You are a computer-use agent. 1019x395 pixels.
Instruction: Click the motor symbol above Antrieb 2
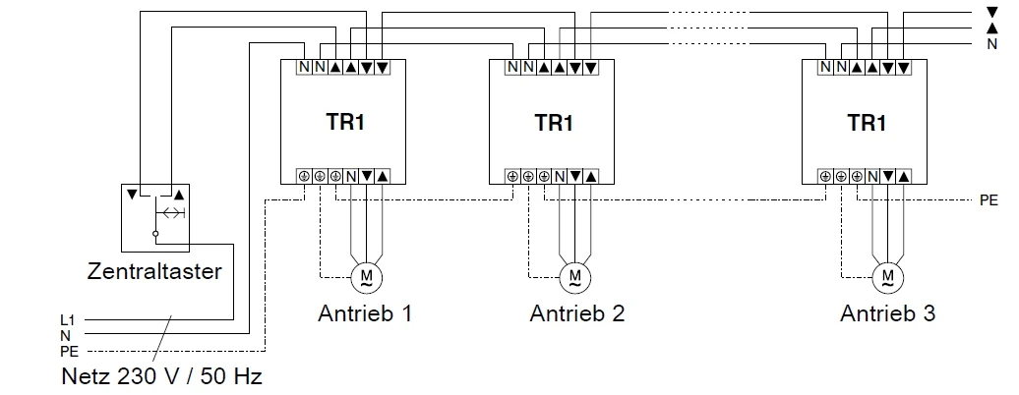click(574, 274)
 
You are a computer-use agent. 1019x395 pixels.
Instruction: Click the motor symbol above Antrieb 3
click(888, 274)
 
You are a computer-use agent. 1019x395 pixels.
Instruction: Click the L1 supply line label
click(68, 320)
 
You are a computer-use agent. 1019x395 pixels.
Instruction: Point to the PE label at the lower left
click(69, 350)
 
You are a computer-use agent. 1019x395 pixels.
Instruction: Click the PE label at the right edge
click(989, 199)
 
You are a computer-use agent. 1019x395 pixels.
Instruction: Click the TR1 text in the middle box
click(554, 124)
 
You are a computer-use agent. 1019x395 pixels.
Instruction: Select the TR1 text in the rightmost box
click(868, 124)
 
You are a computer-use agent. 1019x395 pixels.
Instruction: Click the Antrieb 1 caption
click(365, 314)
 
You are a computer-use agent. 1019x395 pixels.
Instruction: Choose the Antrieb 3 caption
click(887, 314)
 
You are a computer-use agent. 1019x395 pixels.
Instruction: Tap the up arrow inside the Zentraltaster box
click(178, 194)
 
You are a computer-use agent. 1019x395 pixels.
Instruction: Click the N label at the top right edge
click(991, 45)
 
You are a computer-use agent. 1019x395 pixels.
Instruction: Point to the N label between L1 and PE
click(65, 335)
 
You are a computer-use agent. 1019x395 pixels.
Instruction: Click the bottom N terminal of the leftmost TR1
click(351, 176)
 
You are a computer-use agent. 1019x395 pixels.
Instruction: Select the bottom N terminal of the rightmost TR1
click(872, 176)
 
